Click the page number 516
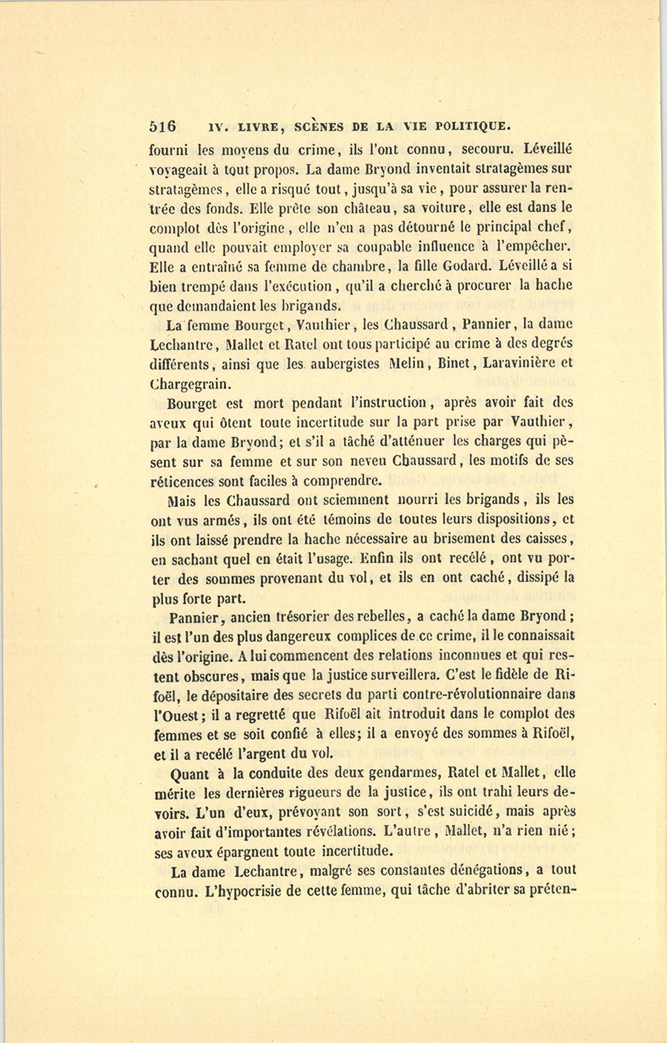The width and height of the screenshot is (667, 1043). coord(162,126)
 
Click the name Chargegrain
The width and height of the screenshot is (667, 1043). coord(190,384)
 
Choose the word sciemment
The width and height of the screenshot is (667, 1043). coord(359,500)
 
